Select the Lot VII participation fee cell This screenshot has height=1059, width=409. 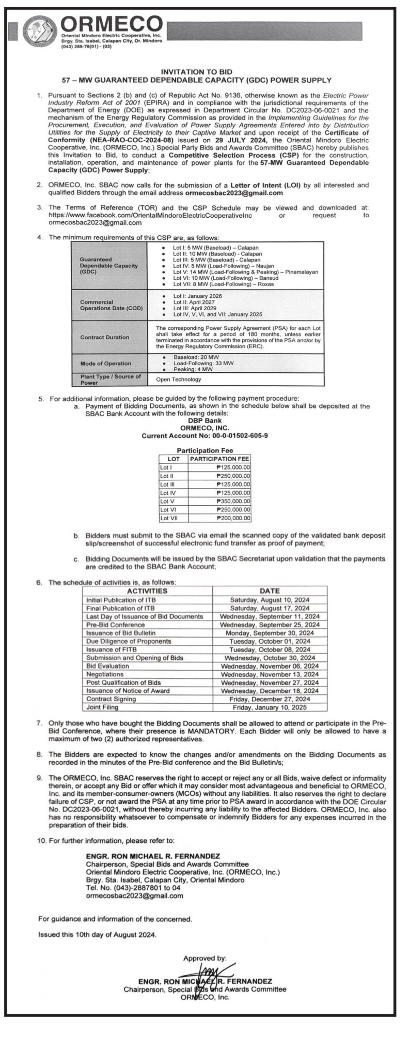click(219, 518)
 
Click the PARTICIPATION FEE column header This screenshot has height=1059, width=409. click(219, 459)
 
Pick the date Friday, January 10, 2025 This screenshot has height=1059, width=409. click(270, 707)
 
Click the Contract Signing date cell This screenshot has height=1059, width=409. click(270, 699)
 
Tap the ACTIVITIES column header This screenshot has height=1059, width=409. click(147, 591)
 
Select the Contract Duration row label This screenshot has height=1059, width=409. click(105, 337)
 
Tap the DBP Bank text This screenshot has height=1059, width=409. click(205, 421)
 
